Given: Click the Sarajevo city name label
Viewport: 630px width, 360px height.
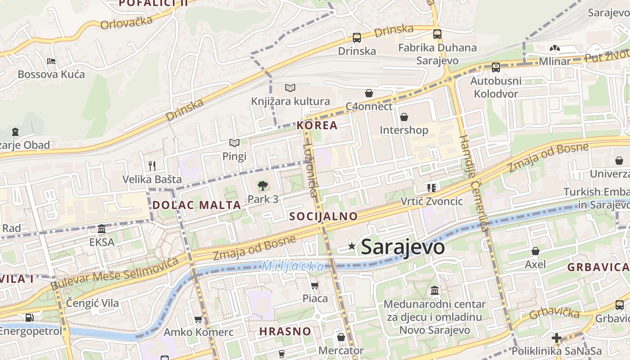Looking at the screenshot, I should [x=403, y=247].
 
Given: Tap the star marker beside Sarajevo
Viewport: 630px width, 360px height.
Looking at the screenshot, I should [x=352, y=246].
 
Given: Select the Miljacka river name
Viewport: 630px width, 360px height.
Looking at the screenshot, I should [x=292, y=266].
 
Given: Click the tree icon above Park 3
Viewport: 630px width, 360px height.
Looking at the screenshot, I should [x=262, y=185].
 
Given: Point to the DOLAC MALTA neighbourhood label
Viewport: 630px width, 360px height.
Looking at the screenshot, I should [x=197, y=205].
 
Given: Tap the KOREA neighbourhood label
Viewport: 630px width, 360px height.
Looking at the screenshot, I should [x=317, y=126].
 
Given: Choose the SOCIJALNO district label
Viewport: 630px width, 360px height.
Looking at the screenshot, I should [x=324, y=216].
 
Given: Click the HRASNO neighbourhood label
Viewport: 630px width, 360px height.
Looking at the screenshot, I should [x=285, y=332].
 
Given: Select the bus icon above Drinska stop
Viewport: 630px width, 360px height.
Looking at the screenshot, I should [x=357, y=38].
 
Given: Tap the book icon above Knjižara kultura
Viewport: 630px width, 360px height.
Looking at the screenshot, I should [x=290, y=88].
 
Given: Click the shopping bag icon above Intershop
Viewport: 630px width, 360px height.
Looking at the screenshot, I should [x=404, y=117].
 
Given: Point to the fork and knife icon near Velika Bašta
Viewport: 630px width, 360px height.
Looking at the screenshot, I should [x=152, y=166].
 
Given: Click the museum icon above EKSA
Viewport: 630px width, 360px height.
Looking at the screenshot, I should [x=102, y=229].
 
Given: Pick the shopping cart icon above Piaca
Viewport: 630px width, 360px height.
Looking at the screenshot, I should [x=315, y=285].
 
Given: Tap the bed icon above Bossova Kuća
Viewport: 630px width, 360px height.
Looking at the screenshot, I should [x=51, y=61].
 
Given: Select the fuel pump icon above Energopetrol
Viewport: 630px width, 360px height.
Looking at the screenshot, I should [x=30, y=317].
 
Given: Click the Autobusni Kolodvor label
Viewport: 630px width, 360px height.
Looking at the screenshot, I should [x=496, y=87].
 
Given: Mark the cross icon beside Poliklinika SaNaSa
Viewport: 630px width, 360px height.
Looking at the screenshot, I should [x=557, y=338].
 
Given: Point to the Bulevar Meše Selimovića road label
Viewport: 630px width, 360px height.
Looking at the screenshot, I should [x=115, y=273].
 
